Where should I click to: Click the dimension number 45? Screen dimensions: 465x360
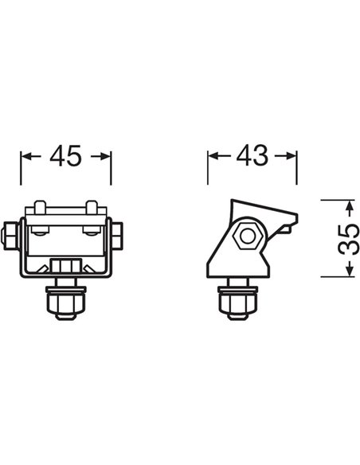(x=65, y=157)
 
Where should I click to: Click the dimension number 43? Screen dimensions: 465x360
(x=252, y=157)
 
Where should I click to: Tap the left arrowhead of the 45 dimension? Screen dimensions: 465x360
(x=25, y=157)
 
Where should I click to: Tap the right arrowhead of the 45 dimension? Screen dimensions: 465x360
(x=107, y=157)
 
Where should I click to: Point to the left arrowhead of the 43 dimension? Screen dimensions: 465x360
(x=213, y=157)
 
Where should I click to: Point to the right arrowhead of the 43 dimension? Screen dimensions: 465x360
(x=292, y=157)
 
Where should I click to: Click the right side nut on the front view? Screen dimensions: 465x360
(x=118, y=234)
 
